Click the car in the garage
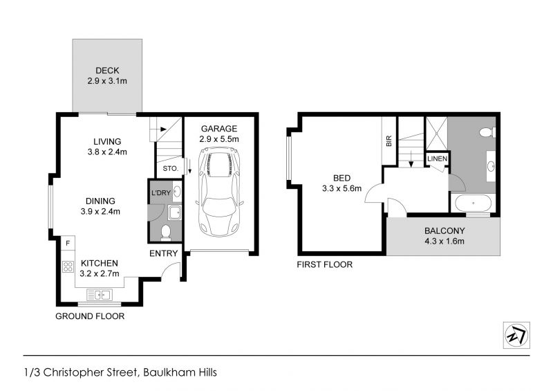(x=220, y=192)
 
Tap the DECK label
(x=107, y=71)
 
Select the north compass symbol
(x=516, y=335)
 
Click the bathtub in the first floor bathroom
(x=473, y=203)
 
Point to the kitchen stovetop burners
(x=68, y=266)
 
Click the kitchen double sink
(x=100, y=294)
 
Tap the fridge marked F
(x=68, y=243)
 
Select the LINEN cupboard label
(x=438, y=159)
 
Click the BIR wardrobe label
(x=389, y=141)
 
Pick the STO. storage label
(x=170, y=169)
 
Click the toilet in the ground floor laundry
(x=165, y=233)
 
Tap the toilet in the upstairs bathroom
(x=487, y=132)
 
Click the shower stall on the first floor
(x=437, y=134)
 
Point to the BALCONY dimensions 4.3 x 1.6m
(x=444, y=242)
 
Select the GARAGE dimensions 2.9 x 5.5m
(x=219, y=139)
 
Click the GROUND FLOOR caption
(x=90, y=316)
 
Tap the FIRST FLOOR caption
(x=324, y=264)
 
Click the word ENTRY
(x=163, y=253)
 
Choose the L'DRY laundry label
(x=161, y=193)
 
